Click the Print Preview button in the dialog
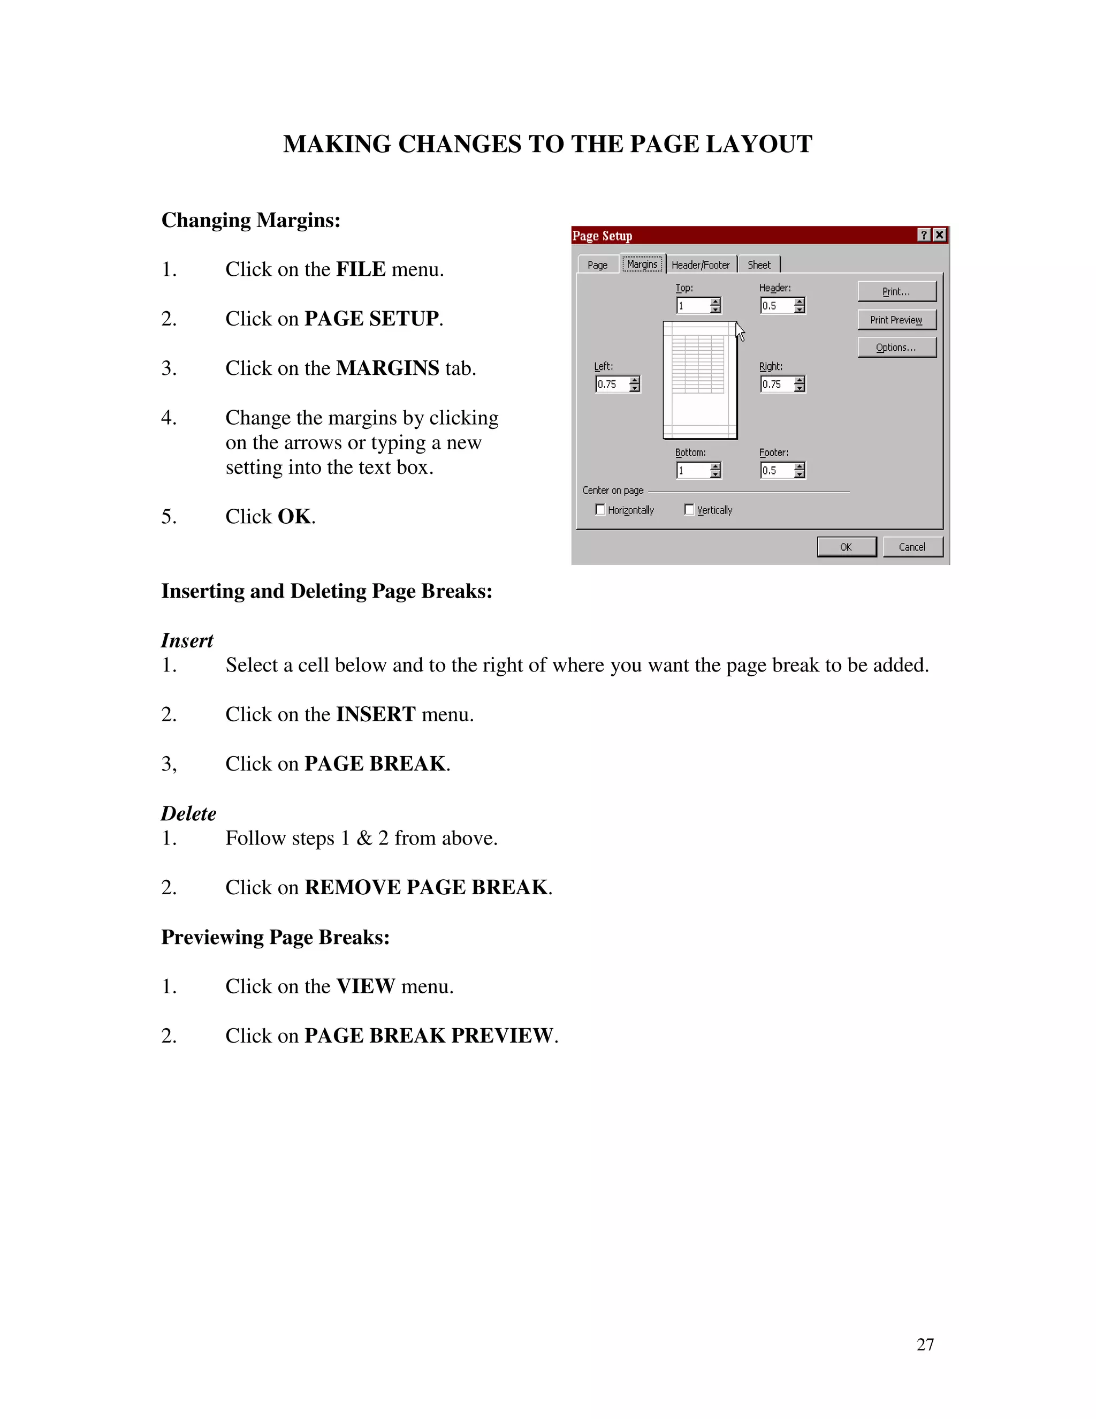896,320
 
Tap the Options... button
896,348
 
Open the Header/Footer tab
701,265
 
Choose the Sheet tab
758,265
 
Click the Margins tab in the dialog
642,264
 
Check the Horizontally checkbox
600,510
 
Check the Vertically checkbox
689,510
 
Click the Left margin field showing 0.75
612,384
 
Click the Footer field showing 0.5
776,470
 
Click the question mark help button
924,235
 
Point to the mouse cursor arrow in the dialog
739,331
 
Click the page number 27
925,1344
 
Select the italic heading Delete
188,813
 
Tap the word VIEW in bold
365,986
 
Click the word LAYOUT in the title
758,144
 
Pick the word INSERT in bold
375,714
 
